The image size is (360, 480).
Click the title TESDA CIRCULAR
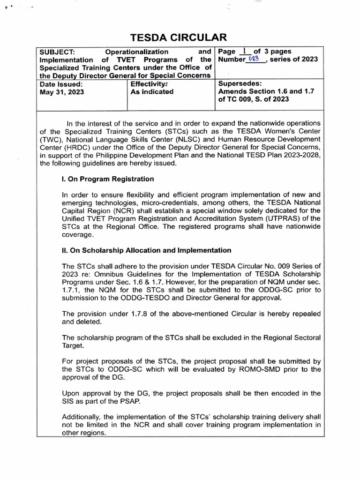click(180, 37)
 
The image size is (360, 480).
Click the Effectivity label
click(149, 84)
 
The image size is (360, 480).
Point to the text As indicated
click(152, 92)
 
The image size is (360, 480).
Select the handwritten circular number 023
click(254, 59)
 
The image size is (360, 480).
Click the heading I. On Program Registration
click(108, 179)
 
